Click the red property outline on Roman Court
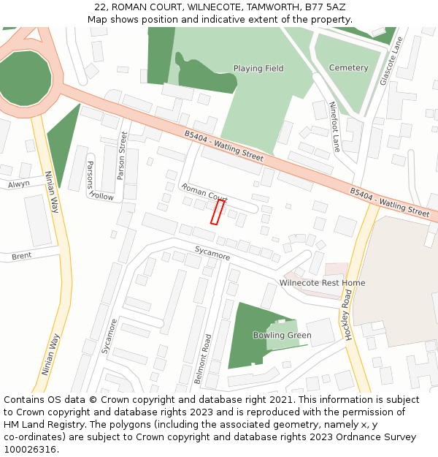[218, 212]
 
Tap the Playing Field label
[258, 69]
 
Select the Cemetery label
[349, 68]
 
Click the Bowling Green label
[282, 336]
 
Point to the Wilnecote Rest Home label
[322, 283]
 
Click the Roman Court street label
[204, 192]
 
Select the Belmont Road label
[208, 359]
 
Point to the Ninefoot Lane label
[334, 126]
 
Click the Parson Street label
[122, 155]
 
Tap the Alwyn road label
[19, 184]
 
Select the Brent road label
[21, 257]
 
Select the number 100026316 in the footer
[30, 449]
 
